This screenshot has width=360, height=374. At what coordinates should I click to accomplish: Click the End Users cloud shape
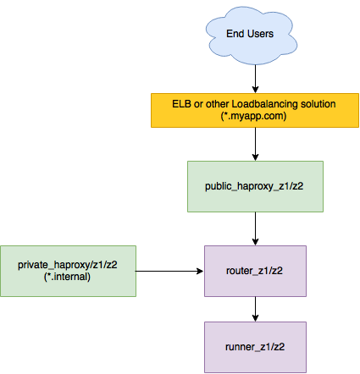point(252,36)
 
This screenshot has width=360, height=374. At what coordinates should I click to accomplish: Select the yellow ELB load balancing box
point(255,110)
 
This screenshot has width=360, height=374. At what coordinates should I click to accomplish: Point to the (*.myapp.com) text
point(253,116)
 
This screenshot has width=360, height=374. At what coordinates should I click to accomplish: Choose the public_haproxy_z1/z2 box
point(255,186)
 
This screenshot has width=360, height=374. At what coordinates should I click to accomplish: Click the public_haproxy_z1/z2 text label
point(254,186)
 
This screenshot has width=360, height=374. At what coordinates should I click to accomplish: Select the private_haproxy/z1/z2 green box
point(68,271)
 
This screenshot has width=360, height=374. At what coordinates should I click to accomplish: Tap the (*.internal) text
point(67,277)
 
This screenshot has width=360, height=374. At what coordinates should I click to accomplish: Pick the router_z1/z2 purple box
point(255,271)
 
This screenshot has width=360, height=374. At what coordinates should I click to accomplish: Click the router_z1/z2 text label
point(254,271)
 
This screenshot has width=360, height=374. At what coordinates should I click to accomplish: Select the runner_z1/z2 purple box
point(255,347)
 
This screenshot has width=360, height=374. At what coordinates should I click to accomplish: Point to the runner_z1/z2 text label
point(255,347)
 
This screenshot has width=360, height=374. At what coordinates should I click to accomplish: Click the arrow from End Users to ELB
point(255,79)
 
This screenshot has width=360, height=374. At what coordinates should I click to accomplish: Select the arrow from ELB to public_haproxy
point(255,144)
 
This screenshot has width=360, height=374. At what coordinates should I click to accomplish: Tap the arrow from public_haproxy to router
point(255,228)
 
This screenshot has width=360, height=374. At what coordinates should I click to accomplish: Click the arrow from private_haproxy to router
point(169,271)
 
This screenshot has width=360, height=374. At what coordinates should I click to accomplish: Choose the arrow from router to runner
point(255,309)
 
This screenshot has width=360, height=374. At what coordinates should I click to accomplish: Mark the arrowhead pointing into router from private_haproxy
point(200,271)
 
